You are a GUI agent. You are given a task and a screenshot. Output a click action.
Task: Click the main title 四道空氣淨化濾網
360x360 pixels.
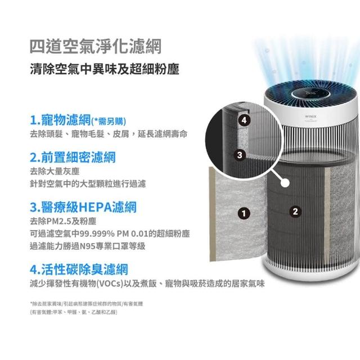(96, 47)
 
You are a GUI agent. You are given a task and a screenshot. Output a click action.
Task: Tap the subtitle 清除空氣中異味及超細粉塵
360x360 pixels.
(105, 69)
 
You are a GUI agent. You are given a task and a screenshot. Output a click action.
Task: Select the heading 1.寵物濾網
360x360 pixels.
(60, 120)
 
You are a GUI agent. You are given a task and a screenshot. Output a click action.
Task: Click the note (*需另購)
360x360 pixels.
(109, 121)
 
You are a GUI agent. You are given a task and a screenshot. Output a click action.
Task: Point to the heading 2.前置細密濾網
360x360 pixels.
(73, 157)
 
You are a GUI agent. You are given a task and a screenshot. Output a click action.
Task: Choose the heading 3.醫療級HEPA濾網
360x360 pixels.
(83, 207)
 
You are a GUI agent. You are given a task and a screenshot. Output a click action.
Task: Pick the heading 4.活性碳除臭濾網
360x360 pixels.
(79, 269)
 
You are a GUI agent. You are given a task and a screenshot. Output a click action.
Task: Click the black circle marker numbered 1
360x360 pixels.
(244, 214)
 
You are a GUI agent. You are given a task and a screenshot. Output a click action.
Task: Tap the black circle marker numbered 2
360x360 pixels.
(295, 211)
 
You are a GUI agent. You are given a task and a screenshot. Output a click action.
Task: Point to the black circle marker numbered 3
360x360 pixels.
(240, 155)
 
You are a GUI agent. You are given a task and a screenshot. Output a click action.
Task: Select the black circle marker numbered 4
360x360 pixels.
(244, 120)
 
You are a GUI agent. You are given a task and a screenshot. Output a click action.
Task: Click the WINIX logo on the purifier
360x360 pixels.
(310, 116)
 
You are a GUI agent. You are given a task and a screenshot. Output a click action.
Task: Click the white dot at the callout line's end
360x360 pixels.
(285, 183)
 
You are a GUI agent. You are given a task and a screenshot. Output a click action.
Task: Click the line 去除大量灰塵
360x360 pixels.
(55, 171)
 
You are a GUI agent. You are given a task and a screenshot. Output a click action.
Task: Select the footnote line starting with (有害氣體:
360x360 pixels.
(74, 312)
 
